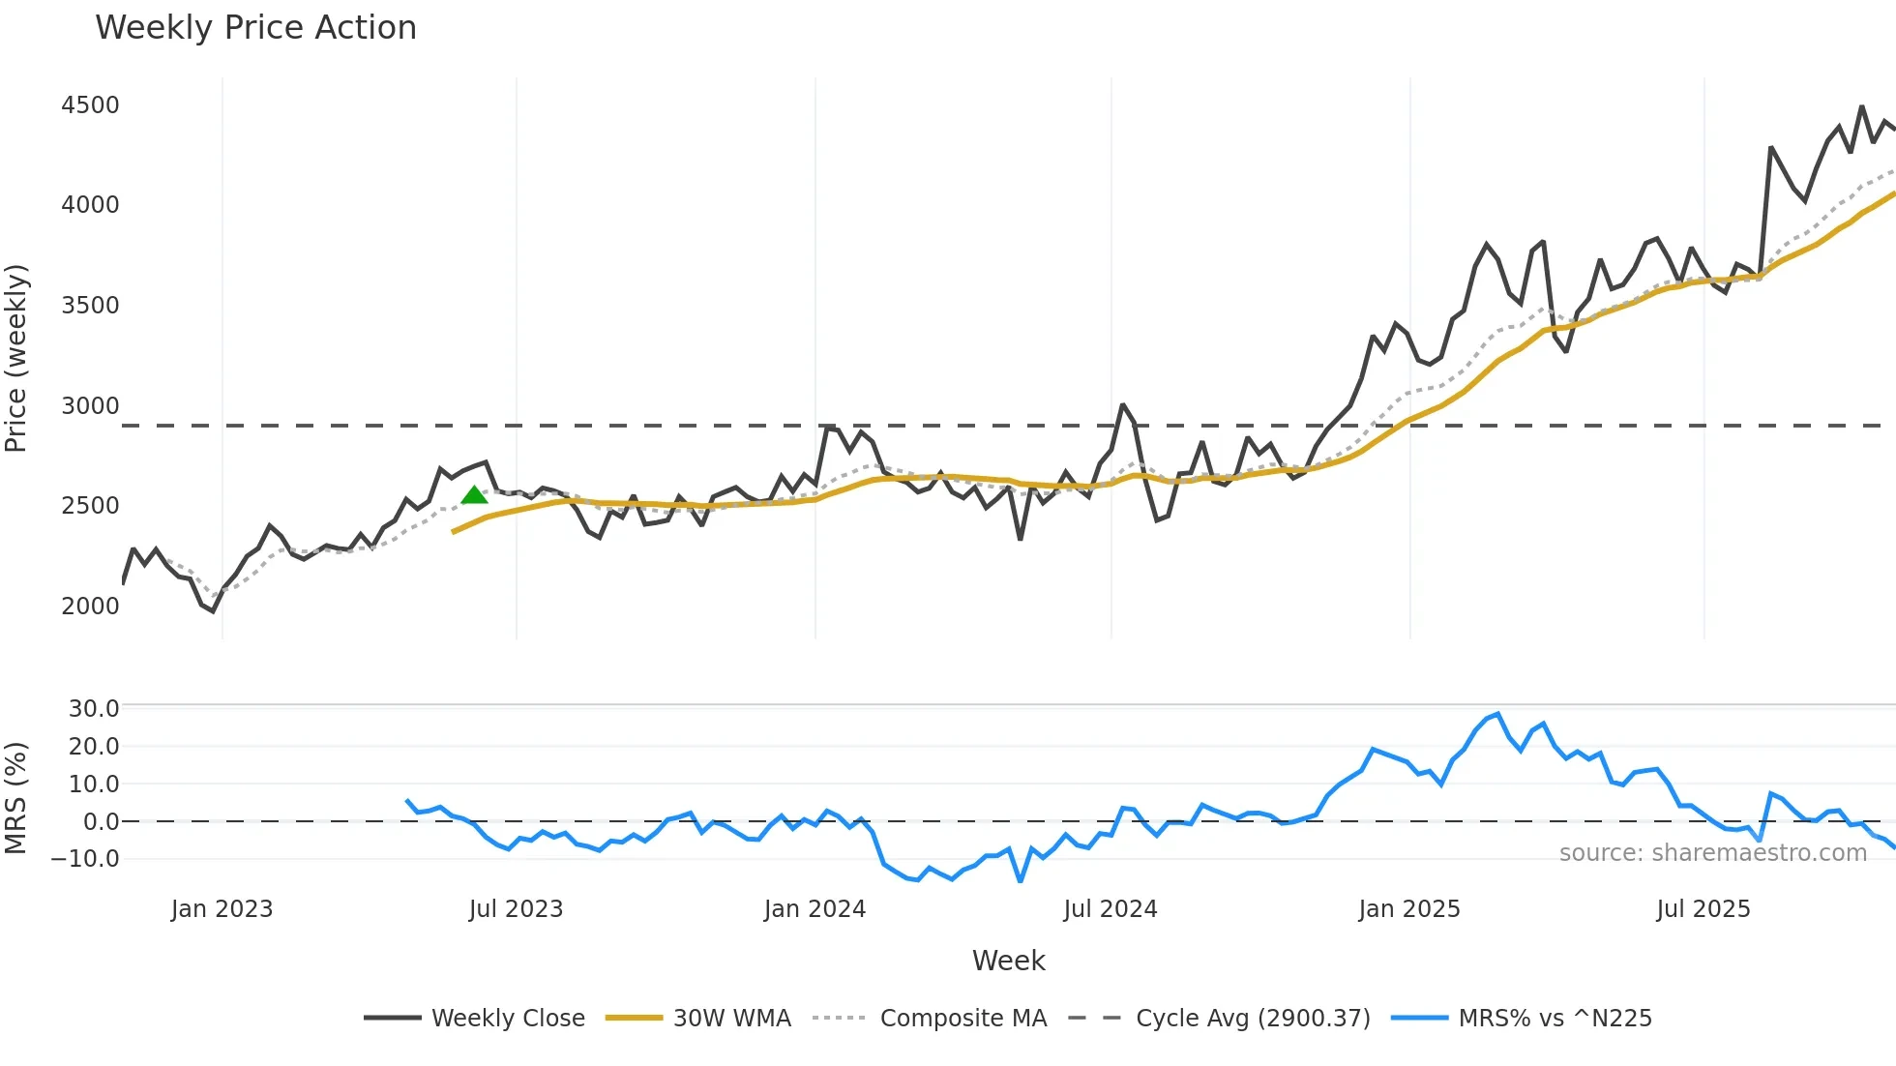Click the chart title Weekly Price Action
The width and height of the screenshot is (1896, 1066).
point(255,28)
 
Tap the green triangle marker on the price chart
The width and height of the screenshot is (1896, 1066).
point(474,495)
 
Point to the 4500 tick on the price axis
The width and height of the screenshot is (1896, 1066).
point(90,105)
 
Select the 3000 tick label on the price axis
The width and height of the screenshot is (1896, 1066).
point(90,406)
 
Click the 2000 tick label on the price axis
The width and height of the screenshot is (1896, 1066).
point(90,607)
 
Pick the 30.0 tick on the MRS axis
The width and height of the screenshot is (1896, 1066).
point(93,709)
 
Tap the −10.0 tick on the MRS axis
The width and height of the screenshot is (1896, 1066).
point(86,859)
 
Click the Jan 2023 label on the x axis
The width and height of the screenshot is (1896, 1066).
point(222,909)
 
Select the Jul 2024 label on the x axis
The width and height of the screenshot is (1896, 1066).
point(1110,909)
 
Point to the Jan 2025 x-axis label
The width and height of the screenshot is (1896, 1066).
point(1408,909)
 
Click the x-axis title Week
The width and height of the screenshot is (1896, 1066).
point(1008,961)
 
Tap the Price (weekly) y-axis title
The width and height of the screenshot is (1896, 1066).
point(16,358)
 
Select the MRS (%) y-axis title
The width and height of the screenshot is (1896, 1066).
point(16,798)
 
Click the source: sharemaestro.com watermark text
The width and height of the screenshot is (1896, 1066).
point(1712,853)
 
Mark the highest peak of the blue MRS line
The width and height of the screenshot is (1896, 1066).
point(1497,714)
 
